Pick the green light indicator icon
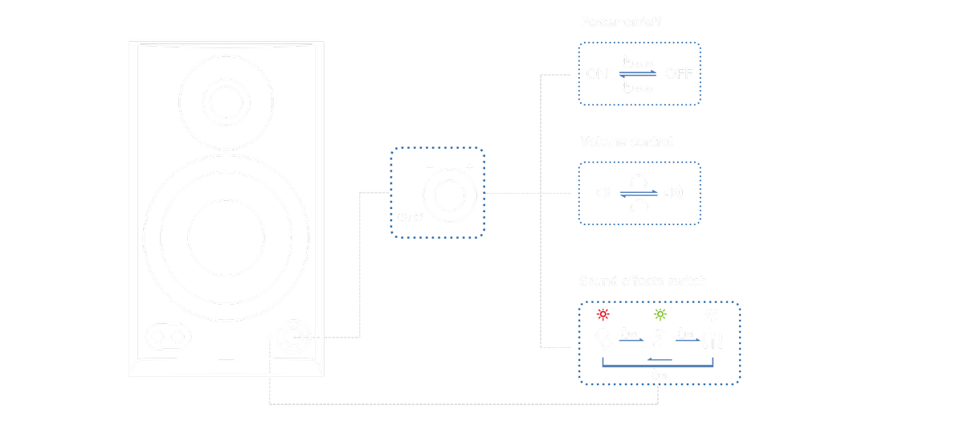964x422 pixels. click(660, 314)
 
